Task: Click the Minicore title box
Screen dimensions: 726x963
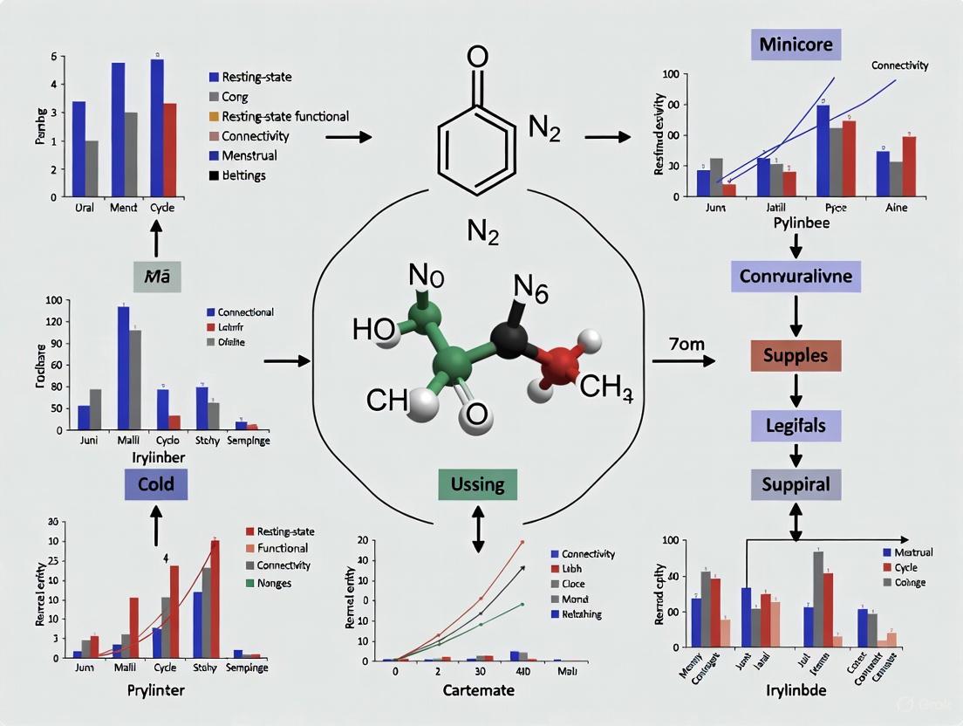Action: point(795,44)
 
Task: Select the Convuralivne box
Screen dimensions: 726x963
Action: point(796,277)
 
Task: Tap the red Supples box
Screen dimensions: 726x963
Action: point(796,356)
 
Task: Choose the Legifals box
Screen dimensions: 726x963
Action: point(796,427)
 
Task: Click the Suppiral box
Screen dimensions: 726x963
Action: point(796,483)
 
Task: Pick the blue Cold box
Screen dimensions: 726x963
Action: point(156,483)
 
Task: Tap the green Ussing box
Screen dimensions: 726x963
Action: point(477,483)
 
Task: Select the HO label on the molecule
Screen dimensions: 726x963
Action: point(374,329)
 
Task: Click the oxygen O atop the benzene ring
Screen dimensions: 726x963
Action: point(477,57)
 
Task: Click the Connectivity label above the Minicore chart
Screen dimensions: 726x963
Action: point(899,65)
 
